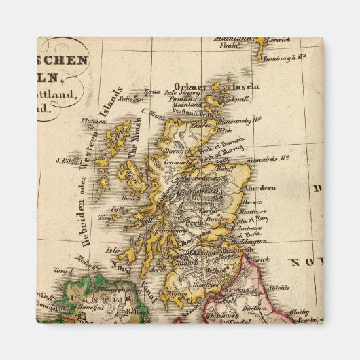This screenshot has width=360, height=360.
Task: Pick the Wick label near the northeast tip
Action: click(x=225, y=129)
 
